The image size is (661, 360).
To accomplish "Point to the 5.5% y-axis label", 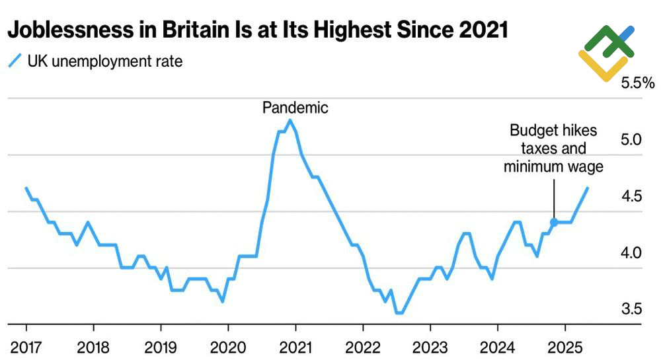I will [x=637, y=84].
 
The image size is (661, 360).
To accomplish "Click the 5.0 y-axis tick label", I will [x=632, y=140].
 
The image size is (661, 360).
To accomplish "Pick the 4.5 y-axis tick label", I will [x=632, y=196].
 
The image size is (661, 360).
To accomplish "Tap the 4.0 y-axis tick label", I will [x=632, y=252].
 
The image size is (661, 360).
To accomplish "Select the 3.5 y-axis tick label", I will [x=632, y=309].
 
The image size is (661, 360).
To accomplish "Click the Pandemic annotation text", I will [x=295, y=108].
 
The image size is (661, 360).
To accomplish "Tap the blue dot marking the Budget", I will [x=554, y=223].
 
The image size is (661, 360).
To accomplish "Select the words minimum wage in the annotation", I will [x=553, y=166].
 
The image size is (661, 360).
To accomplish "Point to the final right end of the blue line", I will [x=587, y=189].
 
